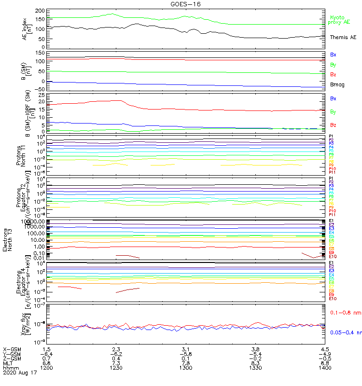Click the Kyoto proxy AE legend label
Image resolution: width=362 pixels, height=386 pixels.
[339, 20]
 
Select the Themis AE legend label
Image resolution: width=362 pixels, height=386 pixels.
[343, 37]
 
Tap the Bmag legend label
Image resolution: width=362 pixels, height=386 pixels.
[337, 85]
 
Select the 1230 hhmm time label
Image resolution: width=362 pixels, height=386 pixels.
[116, 368]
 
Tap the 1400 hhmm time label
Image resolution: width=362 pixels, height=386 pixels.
[324, 368]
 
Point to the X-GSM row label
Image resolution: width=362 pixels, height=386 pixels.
[12, 348]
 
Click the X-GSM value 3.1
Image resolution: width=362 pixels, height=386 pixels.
[186, 348]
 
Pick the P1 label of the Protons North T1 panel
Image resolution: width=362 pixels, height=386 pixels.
[331, 137]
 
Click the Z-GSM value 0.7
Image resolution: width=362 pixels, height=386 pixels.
[47, 358]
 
